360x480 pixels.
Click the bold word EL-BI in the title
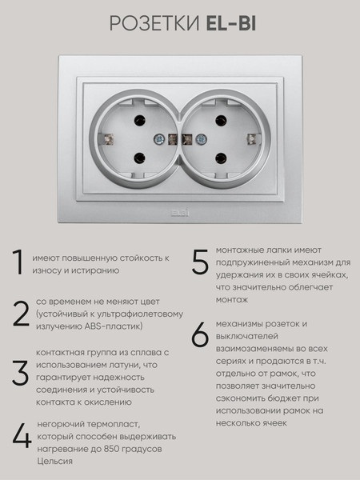click(231, 23)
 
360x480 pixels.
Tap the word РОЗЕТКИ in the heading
click(154, 23)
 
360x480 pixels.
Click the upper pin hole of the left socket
click(139, 120)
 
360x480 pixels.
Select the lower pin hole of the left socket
click(139, 158)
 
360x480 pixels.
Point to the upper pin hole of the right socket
click(221, 120)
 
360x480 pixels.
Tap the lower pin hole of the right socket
click(221, 158)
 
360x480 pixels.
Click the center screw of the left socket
click(159, 139)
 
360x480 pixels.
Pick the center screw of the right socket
click(201, 139)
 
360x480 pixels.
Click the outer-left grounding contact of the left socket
click(108, 139)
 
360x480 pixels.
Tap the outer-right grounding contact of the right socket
click(252, 139)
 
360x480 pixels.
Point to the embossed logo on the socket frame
click(180, 213)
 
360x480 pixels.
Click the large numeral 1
click(18, 262)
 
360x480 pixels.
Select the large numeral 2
click(21, 314)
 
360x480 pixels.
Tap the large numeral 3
click(21, 373)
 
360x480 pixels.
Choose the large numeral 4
click(22, 436)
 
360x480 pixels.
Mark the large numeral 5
click(200, 262)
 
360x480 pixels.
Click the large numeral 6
click(200, 335)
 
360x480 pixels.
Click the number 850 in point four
click(111, 449)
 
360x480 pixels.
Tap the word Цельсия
click(54, 462)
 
